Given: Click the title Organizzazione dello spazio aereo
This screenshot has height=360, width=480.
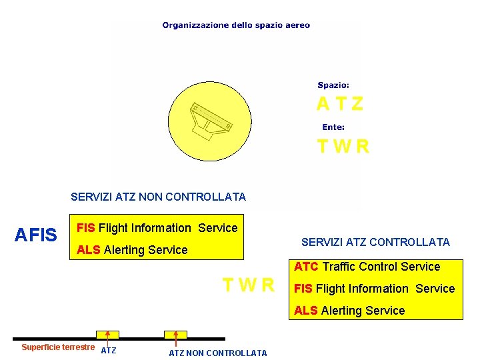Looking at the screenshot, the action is click(236, 25).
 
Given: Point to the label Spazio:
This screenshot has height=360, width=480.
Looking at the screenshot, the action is click(333, 85).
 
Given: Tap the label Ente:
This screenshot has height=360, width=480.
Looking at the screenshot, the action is click(333, 127).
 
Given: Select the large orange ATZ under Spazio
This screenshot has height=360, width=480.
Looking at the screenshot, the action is click(340, 104).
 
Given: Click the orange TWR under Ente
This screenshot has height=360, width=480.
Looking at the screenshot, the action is click(343, 146).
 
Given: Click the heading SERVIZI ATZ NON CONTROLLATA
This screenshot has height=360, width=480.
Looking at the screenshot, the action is click(158, 197).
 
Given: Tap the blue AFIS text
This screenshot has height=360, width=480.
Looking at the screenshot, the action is click(36, 235).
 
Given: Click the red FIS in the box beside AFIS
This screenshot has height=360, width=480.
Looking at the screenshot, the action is click(86, 228).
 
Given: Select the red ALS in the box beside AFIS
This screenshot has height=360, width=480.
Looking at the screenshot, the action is click(89, 250).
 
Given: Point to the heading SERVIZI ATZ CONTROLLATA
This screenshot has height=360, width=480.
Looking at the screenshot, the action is click(375, 242).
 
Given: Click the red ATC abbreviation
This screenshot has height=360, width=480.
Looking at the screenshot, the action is click(306, 267).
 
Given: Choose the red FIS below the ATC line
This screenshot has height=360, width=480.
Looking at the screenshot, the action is click(303, 289).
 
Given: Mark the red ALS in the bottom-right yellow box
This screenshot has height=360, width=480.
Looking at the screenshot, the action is click(306, 311).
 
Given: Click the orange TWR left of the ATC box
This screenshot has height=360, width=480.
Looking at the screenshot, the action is click(248, 285).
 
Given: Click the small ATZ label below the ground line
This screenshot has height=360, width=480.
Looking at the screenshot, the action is click(109, 351).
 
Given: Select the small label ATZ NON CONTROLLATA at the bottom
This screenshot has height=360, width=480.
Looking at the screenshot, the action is click(217, 353).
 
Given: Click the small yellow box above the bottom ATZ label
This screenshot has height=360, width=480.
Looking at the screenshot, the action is click(107, 334).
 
